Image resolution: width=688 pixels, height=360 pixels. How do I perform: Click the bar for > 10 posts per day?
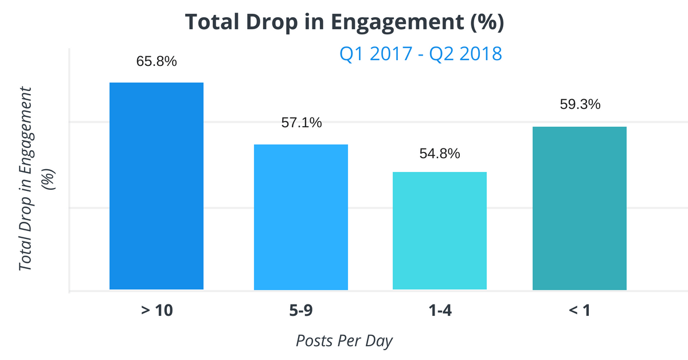coord(157,186)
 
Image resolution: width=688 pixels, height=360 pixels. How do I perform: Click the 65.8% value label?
coord(157,61)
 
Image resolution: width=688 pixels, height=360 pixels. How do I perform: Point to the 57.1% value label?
coord(302,123)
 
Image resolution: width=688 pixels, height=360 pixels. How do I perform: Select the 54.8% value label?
coord(440,154)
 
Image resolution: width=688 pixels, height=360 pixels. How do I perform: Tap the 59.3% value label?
coord(580,105)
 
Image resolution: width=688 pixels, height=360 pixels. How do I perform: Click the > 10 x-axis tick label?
coord(157,311)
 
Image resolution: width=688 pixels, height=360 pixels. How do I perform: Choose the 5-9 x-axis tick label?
coord(301,311)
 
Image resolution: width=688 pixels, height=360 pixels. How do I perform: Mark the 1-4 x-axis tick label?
coord(440,311)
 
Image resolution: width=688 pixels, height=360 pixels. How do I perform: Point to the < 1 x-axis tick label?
coord(579,311)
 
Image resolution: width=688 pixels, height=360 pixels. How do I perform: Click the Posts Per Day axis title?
coord(345,341)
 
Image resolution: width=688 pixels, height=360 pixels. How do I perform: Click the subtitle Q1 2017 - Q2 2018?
coord(421,54)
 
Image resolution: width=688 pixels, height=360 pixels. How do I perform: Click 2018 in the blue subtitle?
coord(480,54)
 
